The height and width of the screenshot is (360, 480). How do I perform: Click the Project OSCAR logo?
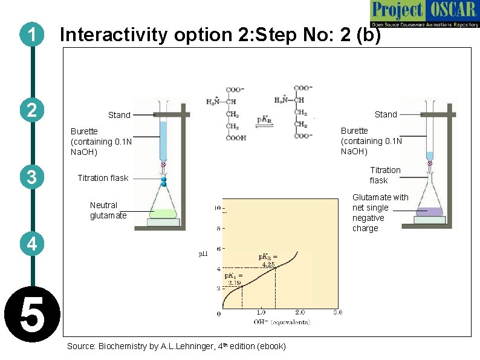pos(424,13)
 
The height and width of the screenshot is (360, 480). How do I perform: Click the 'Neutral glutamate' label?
pos(108,210)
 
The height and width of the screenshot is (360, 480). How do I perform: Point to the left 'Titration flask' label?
pos(103,178)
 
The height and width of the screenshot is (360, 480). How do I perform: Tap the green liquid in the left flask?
pos(161,213)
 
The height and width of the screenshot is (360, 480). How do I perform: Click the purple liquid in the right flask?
pos(430,212)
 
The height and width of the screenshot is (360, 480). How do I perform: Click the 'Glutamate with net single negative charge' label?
pos(380,212)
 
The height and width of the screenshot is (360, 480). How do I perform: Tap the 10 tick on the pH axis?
pos(216,209)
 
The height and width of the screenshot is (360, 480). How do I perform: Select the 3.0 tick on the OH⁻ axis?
pos(337,312)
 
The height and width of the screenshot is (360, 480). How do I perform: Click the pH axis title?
pos(203,254)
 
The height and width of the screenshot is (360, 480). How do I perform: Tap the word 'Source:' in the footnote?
pos(81,346)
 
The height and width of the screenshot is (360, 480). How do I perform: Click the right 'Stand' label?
pos(386,114)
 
